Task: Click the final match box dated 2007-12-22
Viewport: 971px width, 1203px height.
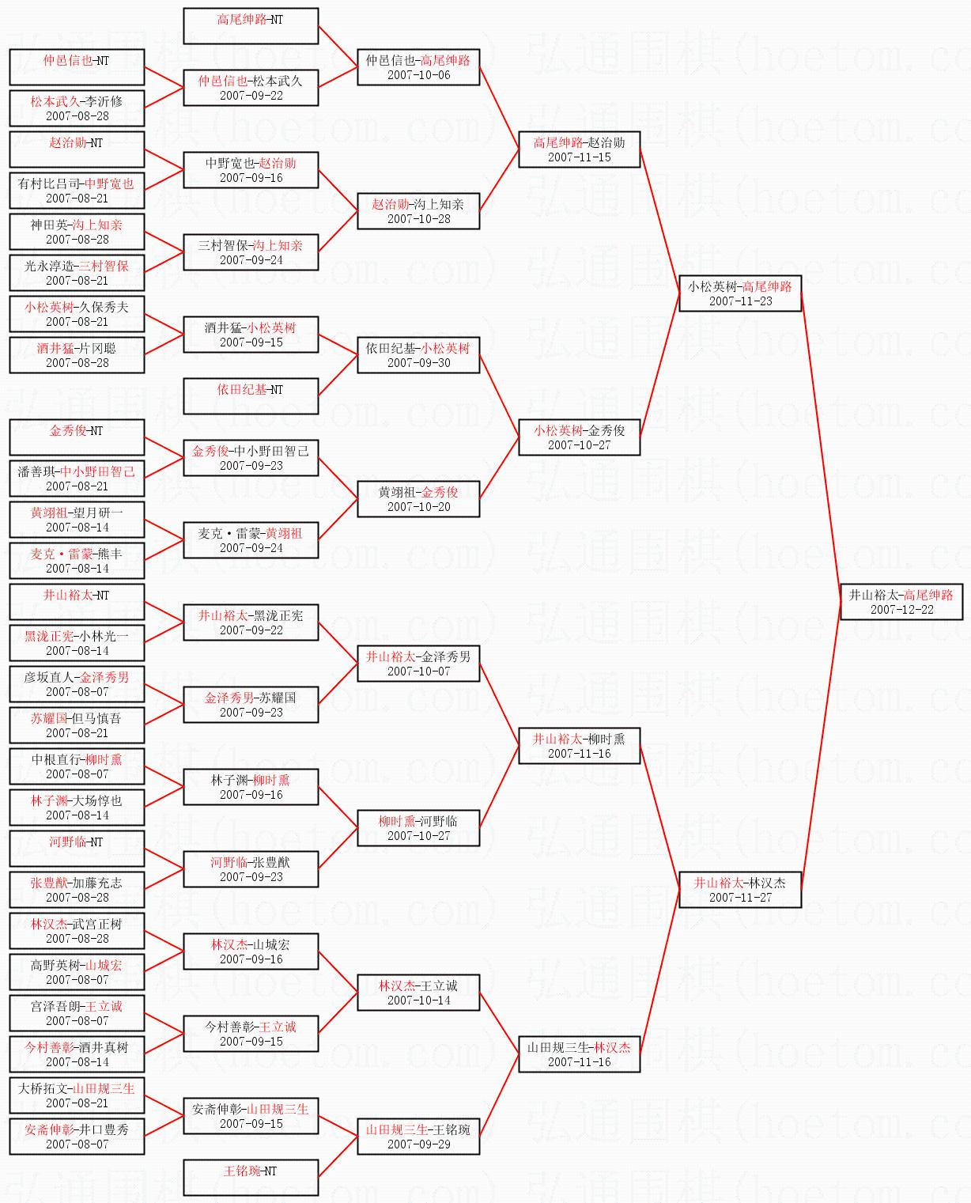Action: (x=901, y=602)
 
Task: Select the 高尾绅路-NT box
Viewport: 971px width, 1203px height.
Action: (x=251, y=26)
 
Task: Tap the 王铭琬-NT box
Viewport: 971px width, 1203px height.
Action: (x=251, y=1178)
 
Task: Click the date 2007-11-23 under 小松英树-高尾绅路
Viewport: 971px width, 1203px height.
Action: (x=740, y=301)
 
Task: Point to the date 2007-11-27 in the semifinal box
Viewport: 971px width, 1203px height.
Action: (x=740, y=898)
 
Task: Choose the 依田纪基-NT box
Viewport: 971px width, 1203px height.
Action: (x=251, y=396)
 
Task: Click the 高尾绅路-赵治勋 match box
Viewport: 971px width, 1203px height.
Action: (x=580, y=149)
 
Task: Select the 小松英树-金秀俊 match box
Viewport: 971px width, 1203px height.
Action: (x=580, y=437)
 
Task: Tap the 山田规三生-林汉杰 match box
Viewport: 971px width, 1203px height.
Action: (x=580, y=1054)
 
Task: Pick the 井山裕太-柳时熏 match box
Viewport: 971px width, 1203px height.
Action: (x=580, y=746)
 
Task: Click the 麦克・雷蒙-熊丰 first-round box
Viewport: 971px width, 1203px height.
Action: (x=77, y=561)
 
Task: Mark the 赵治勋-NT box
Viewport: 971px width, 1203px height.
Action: (x=77, y=149)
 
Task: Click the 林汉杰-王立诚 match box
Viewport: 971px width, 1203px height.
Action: (x=418, y=993)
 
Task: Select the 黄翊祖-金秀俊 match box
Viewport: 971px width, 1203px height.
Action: (x=418, y=499)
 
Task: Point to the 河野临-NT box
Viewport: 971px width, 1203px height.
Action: (x=77, y=849)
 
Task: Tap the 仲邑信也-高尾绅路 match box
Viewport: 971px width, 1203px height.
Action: (x=418, y=67)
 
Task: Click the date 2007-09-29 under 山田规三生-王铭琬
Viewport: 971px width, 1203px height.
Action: (x=418, y=1144)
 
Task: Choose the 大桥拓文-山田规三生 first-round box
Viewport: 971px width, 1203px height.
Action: (x=77, y=1095)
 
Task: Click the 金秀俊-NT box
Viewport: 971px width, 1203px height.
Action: (x=77, y=437)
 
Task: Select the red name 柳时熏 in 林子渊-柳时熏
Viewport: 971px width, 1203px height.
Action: (x=271, y=780)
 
